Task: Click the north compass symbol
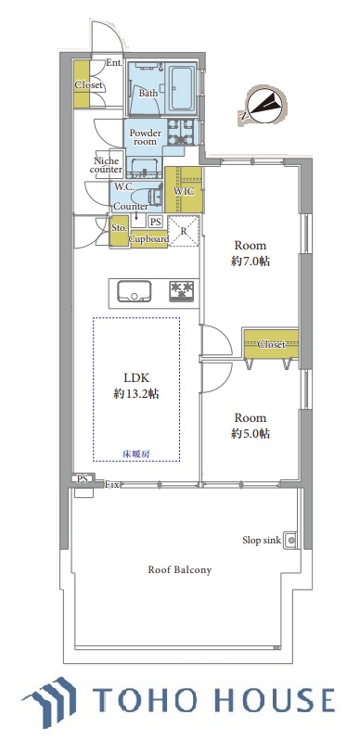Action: (263, 106)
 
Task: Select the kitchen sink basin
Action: (135, 292)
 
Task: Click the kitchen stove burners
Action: (182, 291)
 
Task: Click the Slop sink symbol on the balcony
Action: (290, 540)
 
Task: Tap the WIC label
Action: (183, 192)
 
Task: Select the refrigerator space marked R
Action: (185, 231)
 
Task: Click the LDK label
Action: (136, 377)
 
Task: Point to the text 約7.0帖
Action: (251, 261)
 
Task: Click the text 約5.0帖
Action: (251, 434)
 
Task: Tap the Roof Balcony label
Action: (180, 569)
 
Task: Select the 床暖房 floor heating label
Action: (136, 454)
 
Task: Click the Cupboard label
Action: (148, 239)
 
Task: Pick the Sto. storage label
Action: (119, 228)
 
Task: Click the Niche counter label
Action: (107, 165)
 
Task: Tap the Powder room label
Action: (146, 137)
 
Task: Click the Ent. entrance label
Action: (114, 63)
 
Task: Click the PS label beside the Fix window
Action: (83, 479)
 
